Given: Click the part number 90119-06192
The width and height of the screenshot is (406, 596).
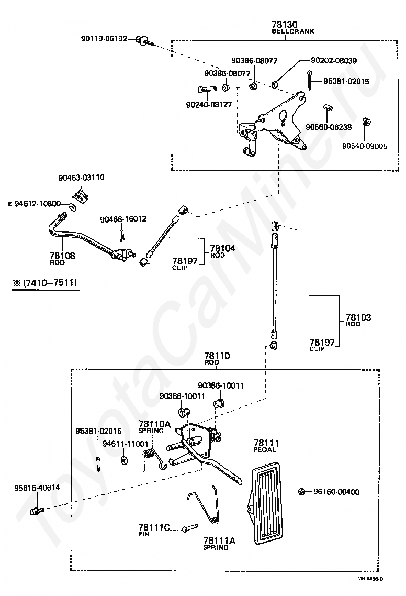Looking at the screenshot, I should pos(104,39).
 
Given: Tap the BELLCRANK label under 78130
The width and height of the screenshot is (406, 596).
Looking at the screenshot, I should pos(293,31).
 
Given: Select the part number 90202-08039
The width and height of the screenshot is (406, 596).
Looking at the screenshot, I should pos(333,61).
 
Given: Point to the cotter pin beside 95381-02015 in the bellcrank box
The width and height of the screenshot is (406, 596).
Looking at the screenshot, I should pos(311,80).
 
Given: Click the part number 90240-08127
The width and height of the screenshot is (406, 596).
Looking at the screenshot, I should pos(209,105).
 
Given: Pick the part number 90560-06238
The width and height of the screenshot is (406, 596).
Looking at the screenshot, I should pos(329,127).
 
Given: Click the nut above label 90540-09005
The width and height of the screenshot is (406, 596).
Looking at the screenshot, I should pos(367,123).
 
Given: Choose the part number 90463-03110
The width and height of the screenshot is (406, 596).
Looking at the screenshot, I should pos(81,178).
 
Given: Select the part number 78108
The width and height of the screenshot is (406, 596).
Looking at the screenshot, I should pos(62,256).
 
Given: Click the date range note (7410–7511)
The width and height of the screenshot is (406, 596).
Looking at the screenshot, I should pos(46,283).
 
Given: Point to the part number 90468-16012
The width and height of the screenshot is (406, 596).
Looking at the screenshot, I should pos(123,219).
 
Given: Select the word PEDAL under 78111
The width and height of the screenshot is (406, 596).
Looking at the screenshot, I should pos(265,450).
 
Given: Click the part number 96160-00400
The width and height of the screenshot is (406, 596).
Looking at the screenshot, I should pos(336,492).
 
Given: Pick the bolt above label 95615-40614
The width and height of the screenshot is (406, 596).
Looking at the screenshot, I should pos(36,510).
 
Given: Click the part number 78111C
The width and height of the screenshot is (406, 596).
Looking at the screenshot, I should pos(154,527).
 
